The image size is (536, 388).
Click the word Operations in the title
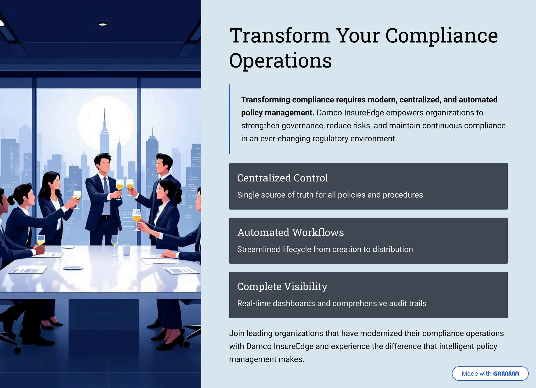pos(280,61)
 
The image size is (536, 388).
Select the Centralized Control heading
pos(282,178)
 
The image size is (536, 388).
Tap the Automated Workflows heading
pos(291,232)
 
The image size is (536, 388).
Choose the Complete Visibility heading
pos(282,287)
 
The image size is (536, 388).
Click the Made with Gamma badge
pos(490,373)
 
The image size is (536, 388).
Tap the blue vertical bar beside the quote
pos(230,119)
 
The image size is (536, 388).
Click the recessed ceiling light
pos(103,24)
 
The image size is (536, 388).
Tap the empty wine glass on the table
pos(115,242)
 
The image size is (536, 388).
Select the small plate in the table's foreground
pos(73,268)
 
